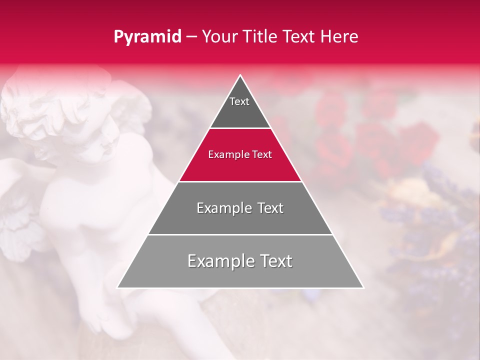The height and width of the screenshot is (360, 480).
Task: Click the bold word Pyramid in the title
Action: pos(147,37)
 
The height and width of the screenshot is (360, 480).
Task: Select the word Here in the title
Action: pos(339,36)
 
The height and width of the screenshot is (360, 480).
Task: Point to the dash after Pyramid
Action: pos(191,37)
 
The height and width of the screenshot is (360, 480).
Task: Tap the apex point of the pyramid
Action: pos(240,76)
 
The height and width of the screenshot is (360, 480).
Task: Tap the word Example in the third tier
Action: pos(218,208)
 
